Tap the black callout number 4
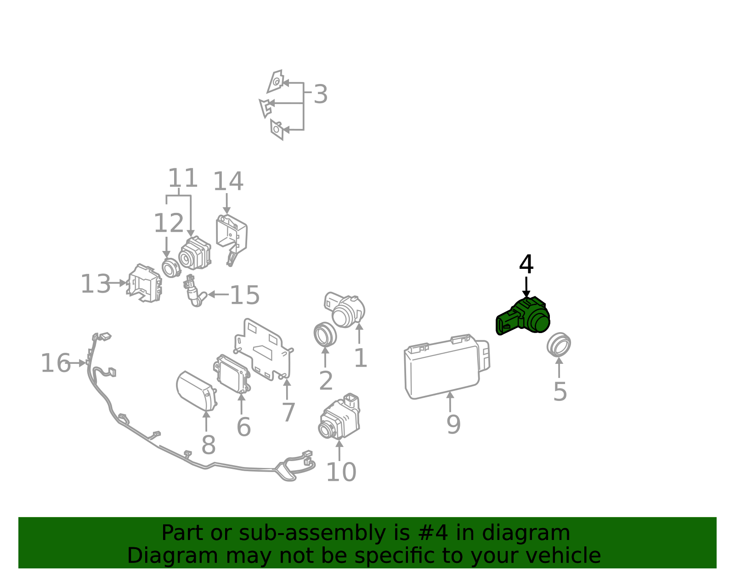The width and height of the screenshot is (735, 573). point(526,265)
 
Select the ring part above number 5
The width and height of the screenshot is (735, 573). point(559,345)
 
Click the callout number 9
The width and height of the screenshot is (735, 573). point(453,424)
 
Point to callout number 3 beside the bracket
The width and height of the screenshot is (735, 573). point(320,95)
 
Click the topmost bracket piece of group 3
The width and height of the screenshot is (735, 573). point(276,82)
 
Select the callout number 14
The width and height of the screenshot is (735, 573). point(228,182)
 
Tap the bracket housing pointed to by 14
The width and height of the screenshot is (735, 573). point(232,236)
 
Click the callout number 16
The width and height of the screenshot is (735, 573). point(56,363)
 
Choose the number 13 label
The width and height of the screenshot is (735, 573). point(96,284)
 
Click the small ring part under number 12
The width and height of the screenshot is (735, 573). point(170,267)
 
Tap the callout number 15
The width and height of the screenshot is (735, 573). point(244,295)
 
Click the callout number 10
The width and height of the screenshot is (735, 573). point(341,472)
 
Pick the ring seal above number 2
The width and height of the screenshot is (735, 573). point(325,334)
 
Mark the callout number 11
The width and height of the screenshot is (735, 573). point(182,178)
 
